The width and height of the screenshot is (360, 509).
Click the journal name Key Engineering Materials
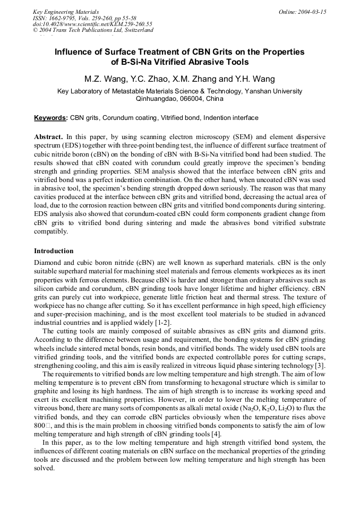click(66, 12)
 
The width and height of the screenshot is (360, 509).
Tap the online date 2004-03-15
click(302, 12)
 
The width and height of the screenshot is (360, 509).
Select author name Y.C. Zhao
click(149, 79)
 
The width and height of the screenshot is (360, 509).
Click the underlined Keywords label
click(51, 118)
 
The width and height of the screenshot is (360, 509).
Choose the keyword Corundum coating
click(125, 118)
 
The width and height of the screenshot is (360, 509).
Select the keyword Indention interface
click(231, 118)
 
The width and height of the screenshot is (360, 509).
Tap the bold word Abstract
click(49, 136)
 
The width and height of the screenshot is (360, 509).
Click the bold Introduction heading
click(54, 251)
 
